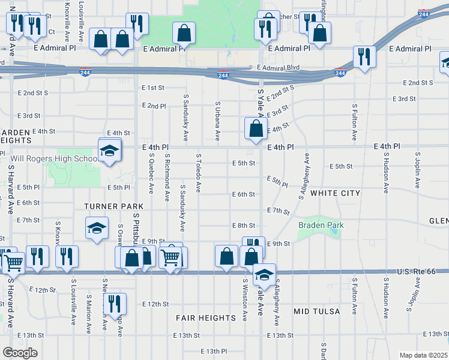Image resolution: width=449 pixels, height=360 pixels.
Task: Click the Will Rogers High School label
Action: (53, 159)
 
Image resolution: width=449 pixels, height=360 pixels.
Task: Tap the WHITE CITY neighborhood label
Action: (336, 193)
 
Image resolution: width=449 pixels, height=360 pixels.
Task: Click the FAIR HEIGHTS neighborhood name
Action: (205, 317)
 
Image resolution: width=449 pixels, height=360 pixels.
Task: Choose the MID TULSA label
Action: (317, 311)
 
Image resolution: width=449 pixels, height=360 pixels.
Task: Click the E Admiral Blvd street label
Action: (277, 68)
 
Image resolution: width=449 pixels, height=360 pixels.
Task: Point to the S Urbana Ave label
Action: (218, 121)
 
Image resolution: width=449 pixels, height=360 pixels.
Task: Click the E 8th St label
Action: (243, 226)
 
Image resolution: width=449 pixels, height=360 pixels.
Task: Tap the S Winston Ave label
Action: (245, 299)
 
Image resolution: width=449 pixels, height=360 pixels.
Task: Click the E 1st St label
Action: (153, 88)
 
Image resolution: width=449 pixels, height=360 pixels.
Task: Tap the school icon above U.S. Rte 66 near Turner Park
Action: (96, 229)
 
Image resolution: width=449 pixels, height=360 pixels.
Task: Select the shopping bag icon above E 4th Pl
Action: (256, 128)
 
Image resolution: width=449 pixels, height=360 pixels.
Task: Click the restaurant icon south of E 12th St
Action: (115, 304)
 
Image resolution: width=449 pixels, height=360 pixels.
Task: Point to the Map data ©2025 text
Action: (423, 355)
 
